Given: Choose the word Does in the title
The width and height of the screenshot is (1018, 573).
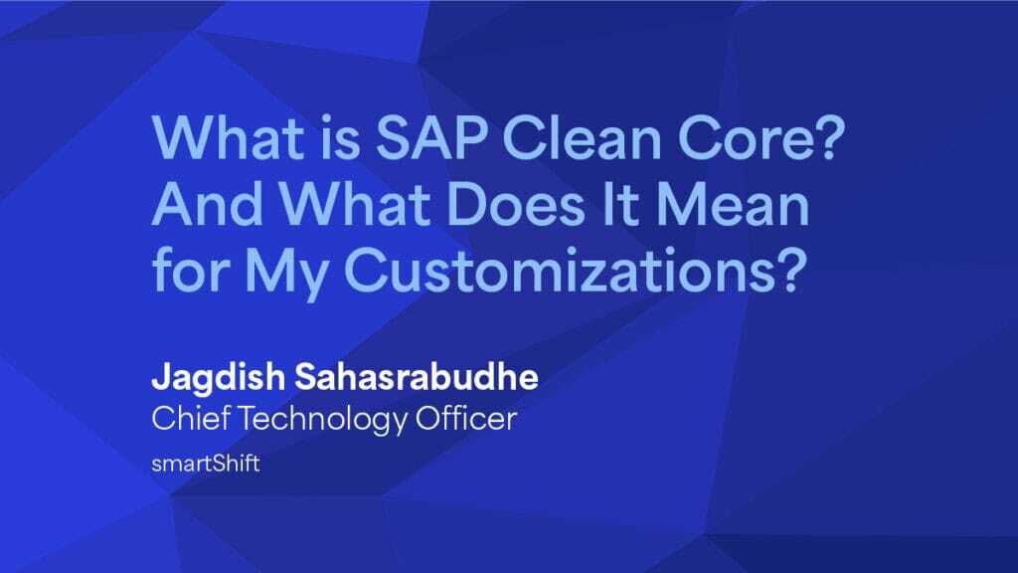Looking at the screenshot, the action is pyautogui.click(x=515, y=204).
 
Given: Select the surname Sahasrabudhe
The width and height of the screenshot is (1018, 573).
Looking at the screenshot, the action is pyautogui.click(x=417, y=377).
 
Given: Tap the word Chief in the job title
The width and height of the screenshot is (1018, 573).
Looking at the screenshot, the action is pyautogui.click(x=191, y=418).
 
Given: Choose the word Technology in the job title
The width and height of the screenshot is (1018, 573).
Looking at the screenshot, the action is pyautogui.click(x=323, y=420).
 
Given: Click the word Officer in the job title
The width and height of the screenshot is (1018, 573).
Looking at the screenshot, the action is pyautogui.click(x=466, y=418).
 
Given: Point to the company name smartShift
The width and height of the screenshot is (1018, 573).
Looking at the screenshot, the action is pyautogui.click(x=206, y=464).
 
